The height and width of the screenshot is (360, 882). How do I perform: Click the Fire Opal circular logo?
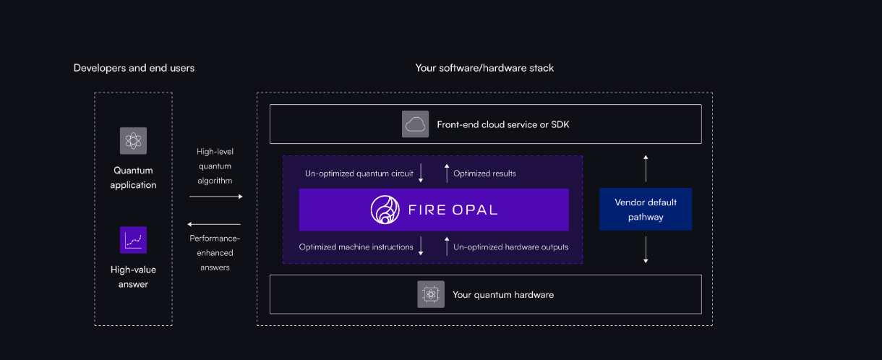385,210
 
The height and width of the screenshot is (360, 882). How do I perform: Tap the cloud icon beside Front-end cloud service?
416,124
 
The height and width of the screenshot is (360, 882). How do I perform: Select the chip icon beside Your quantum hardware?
431,294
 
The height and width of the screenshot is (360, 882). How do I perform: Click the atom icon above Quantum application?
133,140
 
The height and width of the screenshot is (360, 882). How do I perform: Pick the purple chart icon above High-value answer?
133,240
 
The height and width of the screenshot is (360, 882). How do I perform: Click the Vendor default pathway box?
646,210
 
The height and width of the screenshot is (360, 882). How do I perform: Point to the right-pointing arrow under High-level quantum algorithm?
220,196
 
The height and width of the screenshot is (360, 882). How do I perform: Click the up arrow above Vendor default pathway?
646,167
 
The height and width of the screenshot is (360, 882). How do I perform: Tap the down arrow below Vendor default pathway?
646,251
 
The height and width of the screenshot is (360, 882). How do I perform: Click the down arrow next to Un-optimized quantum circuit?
421,174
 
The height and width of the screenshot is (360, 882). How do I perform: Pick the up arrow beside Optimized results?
446,174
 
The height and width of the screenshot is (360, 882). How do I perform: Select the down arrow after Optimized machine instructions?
421,247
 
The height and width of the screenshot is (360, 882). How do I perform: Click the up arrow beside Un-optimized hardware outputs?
446,247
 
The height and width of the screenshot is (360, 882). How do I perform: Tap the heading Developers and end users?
134,68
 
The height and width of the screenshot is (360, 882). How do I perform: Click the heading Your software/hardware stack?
484,68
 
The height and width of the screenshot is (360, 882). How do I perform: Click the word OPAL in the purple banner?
473,210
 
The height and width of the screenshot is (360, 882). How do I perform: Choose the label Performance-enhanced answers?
215,252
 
